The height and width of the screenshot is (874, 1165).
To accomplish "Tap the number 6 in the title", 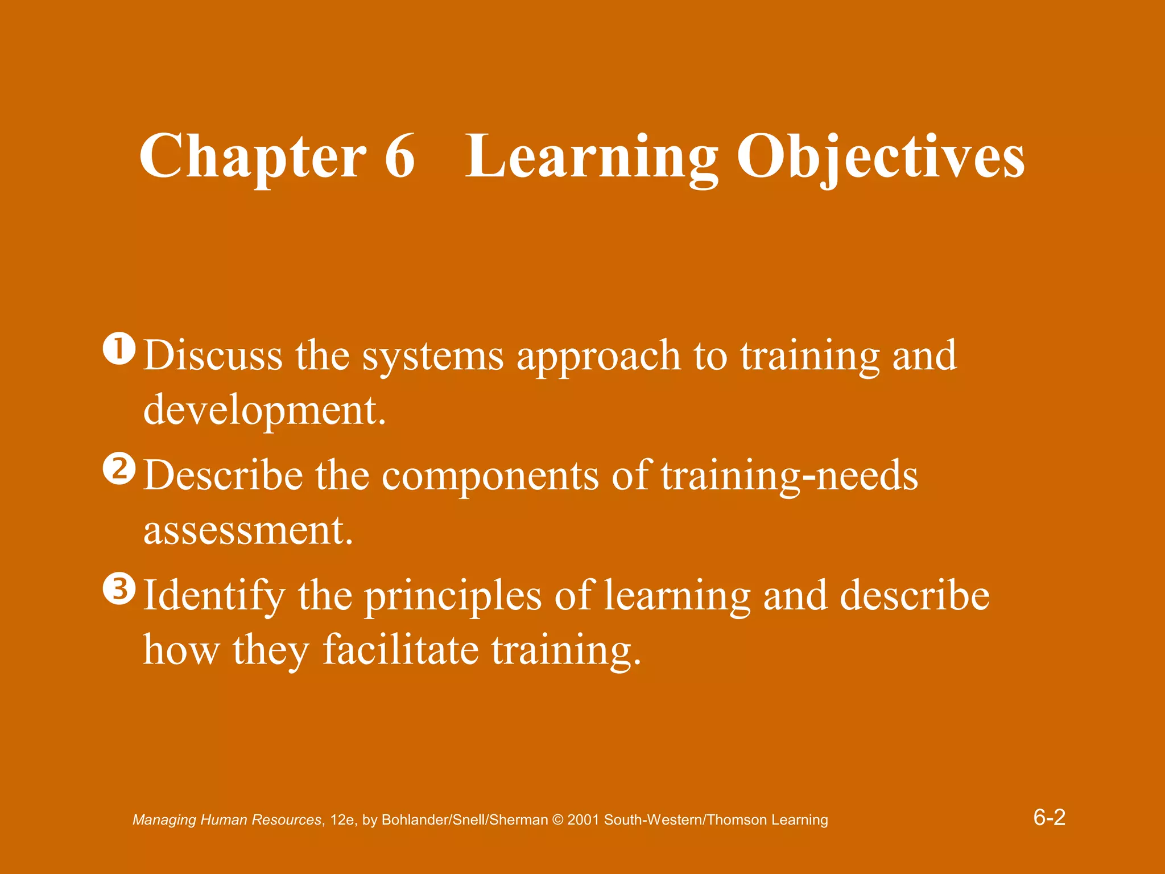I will point(399,156).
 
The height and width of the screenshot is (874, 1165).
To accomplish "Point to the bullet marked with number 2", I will point(119,469).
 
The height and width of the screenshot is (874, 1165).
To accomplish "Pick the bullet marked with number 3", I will point(119,589).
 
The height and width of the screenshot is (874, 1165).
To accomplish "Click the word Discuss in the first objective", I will point(213,356).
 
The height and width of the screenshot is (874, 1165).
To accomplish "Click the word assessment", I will point(248,530).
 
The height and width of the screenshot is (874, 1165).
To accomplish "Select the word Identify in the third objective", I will point(214,596).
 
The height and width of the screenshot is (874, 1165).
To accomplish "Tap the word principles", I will point(453,596).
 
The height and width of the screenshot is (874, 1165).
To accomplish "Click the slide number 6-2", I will point(1049,818).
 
